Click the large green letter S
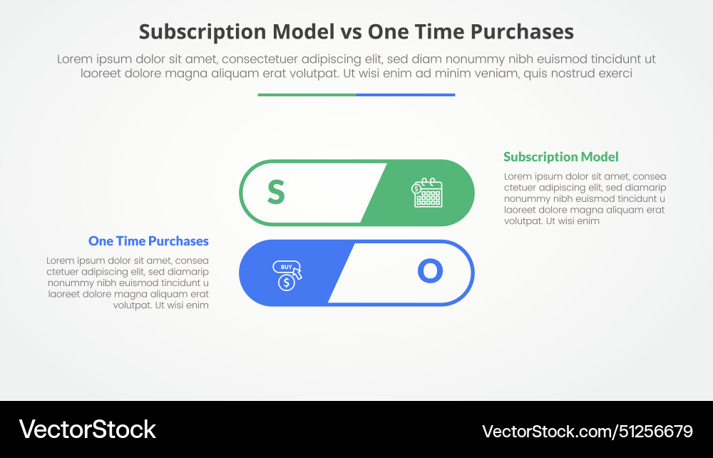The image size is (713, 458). (276, 192)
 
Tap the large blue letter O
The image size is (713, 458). (430, 271)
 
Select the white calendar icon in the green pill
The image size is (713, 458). (427, 193)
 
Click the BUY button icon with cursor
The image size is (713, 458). (288, 268)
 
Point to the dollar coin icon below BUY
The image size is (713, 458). (286, 283)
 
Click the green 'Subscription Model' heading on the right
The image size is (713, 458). (560, 157)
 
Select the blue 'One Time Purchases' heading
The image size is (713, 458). (148, 241)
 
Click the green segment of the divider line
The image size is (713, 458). (307, 94)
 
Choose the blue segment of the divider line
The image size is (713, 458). (405, 94)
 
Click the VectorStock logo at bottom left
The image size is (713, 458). (87, 429)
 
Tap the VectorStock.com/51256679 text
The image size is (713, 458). (587, 431)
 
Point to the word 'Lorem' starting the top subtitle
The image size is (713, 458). (74, 59)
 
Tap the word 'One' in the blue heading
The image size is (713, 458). (101, 241)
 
